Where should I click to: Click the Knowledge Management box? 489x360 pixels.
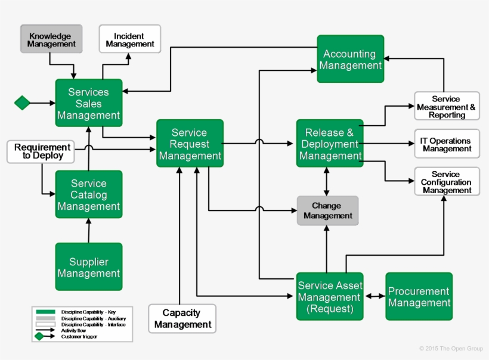pos(51,39)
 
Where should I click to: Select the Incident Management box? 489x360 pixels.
pos(129,39)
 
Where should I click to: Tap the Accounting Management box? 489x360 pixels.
pos(350,59)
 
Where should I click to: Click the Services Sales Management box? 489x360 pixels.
pos(89,103)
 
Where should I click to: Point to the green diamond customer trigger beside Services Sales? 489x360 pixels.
pos(22,103)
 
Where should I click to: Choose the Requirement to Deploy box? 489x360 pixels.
pos(42,151)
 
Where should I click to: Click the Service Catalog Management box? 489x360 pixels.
pos(89,195)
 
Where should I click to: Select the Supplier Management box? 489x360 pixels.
pos(89,267)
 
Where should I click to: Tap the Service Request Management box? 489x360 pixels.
pos(190,144)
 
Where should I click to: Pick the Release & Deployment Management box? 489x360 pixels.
pos(330,144)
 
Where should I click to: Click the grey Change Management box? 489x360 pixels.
pos(327,210)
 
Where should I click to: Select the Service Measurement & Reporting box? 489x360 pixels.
pos(447,107)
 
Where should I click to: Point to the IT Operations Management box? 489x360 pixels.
pos(447,144)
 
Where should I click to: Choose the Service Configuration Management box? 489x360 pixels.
pos(447,182)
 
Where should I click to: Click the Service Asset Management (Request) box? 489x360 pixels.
pos(330,297)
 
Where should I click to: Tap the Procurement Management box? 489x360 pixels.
pos(419,297)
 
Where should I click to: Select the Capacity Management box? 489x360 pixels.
pos(182,318)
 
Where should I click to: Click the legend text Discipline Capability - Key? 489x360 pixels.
pos(89,312)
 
